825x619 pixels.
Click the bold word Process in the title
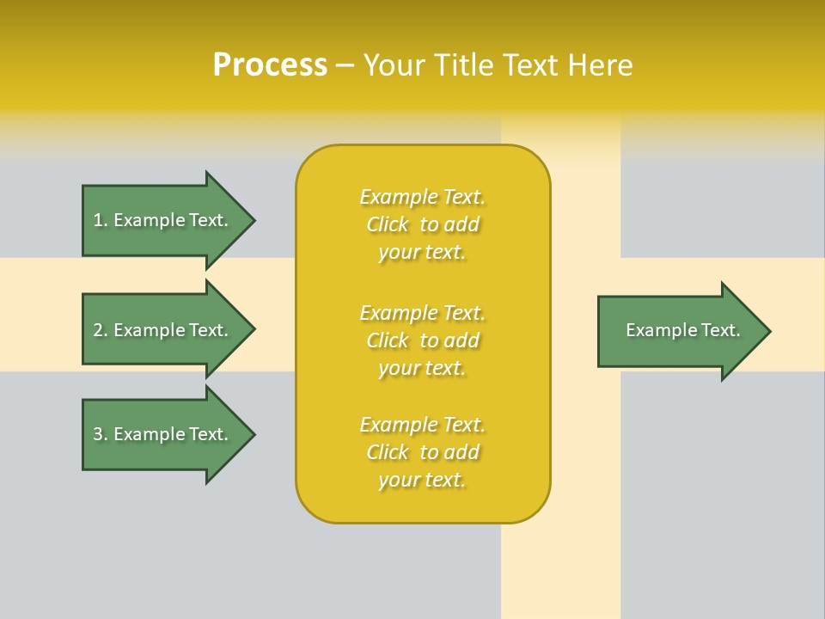pyautogui.click(x=270, y=65)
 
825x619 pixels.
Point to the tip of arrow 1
pyautogui.click(x=253, y=220)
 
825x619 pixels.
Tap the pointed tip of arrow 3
pyautogui.click(x=253, y=434)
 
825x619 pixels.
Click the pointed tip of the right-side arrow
pyautogui.click(x=768, y=331)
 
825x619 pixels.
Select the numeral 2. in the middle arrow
pyautogui.click(x=101, y=330)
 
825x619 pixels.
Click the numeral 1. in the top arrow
pyautogui.click(x=101, y=220)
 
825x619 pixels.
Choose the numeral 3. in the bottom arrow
pyautogui.click(x=101, y=434)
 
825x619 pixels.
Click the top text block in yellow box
pyautogui.click(x=422, y=224)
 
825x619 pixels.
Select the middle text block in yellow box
pyautogui.click(x=422, y=340)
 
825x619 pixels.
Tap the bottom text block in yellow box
pyautogui.click(x=422, y=452)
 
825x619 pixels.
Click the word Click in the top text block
pyautogui.click(x=388, y=224)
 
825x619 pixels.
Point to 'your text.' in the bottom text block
pyautogui.click(x=422, y=480)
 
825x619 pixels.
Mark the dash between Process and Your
pyautogui.click(x=345, y=65)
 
